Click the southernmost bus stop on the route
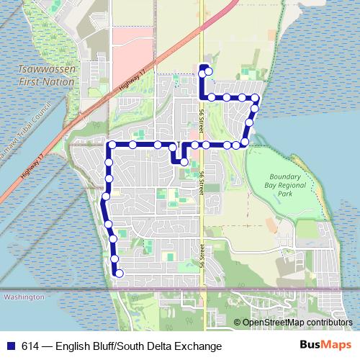coord(120,273)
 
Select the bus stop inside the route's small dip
coord(184,162)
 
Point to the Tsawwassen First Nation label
coord(47,76)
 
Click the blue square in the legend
coord(11,346)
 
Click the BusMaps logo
coord(325,346)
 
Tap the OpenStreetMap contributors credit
coord(297,322)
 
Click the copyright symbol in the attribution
coord(237,322)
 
